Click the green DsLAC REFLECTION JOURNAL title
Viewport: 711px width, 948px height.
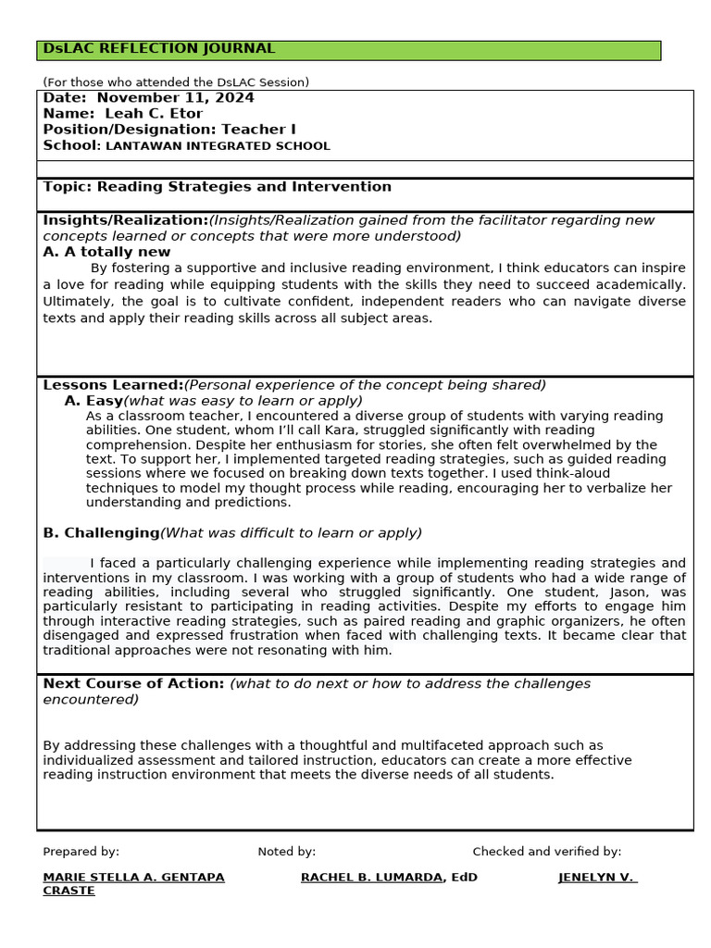(x=159, y=49)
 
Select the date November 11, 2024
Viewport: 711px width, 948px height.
(x=175, y=98)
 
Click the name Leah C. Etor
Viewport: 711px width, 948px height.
(x=154, y=114)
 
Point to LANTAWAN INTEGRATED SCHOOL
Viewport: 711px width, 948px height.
(x=218, y=146)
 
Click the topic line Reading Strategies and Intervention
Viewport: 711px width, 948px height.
(x=217, y=187)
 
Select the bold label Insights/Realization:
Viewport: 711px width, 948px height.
(x=125, y=220)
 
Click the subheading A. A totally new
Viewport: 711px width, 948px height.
(x=106, y=252)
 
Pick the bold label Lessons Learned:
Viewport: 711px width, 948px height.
(x=113, y=385)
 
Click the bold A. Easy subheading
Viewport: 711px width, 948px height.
(x=94, y=401)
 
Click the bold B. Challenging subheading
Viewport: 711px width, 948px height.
(x=101, y=533)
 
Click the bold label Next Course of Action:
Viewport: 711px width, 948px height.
(x=133, y=684)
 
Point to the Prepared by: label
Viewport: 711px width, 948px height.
(x=81, y=852)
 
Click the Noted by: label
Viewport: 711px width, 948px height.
(x=286, y=852)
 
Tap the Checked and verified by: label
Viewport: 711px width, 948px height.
(x=546, y=852)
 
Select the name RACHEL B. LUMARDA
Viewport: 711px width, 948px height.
(x=371, y=878)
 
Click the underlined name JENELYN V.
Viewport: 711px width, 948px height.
(x=597, y=878)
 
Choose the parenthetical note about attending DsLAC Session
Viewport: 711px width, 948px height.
(x=176, y=82)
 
